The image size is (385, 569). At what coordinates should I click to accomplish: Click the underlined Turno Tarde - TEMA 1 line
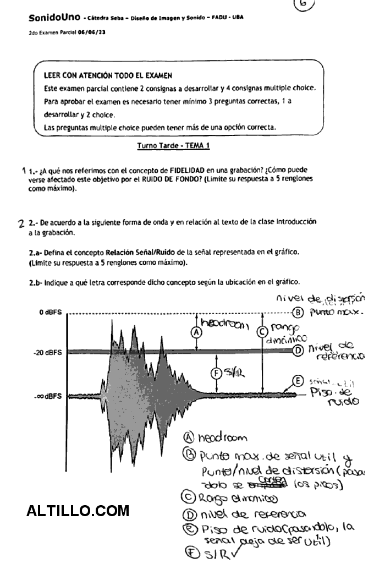[173, 146]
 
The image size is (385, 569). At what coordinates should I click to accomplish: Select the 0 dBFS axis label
[50, 313]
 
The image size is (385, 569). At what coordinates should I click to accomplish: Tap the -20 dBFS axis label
[47, 352]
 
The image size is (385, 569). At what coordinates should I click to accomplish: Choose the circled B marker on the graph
[298, 313]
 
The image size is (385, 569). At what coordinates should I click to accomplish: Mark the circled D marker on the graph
[298, 351]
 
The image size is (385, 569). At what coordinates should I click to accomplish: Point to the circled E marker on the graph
[298, 381]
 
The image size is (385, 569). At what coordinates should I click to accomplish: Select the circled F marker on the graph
[216, 373]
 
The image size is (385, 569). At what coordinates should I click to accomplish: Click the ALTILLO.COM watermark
[78, 511]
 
